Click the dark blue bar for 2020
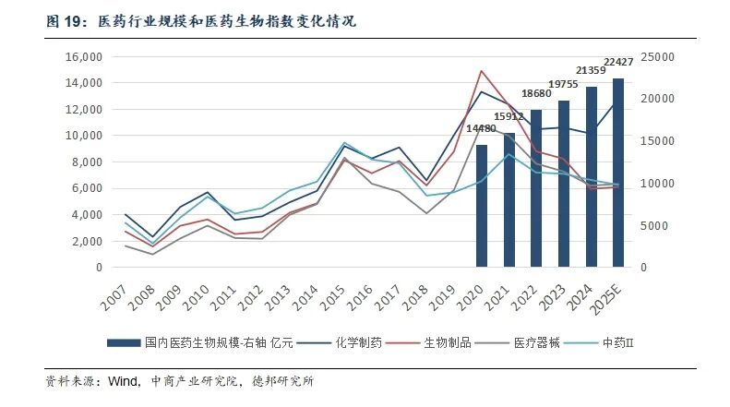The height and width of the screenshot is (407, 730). coord(481,206)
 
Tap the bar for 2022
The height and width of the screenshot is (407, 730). coord(535,188)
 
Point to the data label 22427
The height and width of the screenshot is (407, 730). coord(617,63)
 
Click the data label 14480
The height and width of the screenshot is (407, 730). coord(481,128)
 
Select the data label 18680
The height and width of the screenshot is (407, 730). coord(536,93)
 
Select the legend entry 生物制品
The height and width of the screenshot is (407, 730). coord(447,342)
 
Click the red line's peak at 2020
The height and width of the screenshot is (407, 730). coord(481,71)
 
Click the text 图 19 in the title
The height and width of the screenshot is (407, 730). coord(62,19)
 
